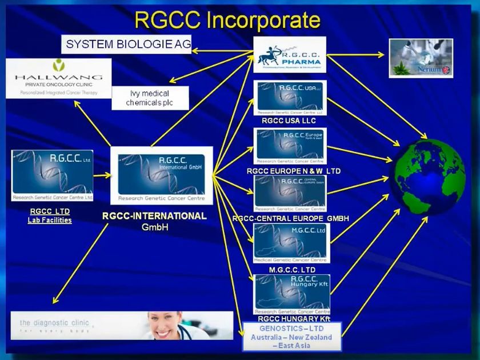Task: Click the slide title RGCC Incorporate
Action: click(x=227, y=21)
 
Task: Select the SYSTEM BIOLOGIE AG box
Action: click(x=126, y=44)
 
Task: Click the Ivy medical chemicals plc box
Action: click(x=150, y=98)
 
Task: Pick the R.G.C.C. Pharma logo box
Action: click(x=289, y=55)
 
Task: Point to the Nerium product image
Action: click(x=421, y=58)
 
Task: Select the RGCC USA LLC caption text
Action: click(x=289, y=121)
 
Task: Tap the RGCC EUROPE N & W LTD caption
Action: click(x=294, y=171)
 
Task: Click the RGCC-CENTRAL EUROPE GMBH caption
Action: click(x=290, y=218)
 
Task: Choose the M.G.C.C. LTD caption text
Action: click(x=291, y=269)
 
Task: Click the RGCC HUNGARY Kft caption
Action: click(x=294, y=318)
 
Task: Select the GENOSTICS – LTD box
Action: click(x=291, y=337)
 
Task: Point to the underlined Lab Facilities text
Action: click(x=50, y=220)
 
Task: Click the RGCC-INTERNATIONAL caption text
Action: click(x=154, y=216)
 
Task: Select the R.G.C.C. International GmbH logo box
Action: click(x=161, y=175)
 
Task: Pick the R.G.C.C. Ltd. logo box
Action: click(x=52, y=175)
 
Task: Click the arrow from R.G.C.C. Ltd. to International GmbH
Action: click(x=102, y=176)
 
